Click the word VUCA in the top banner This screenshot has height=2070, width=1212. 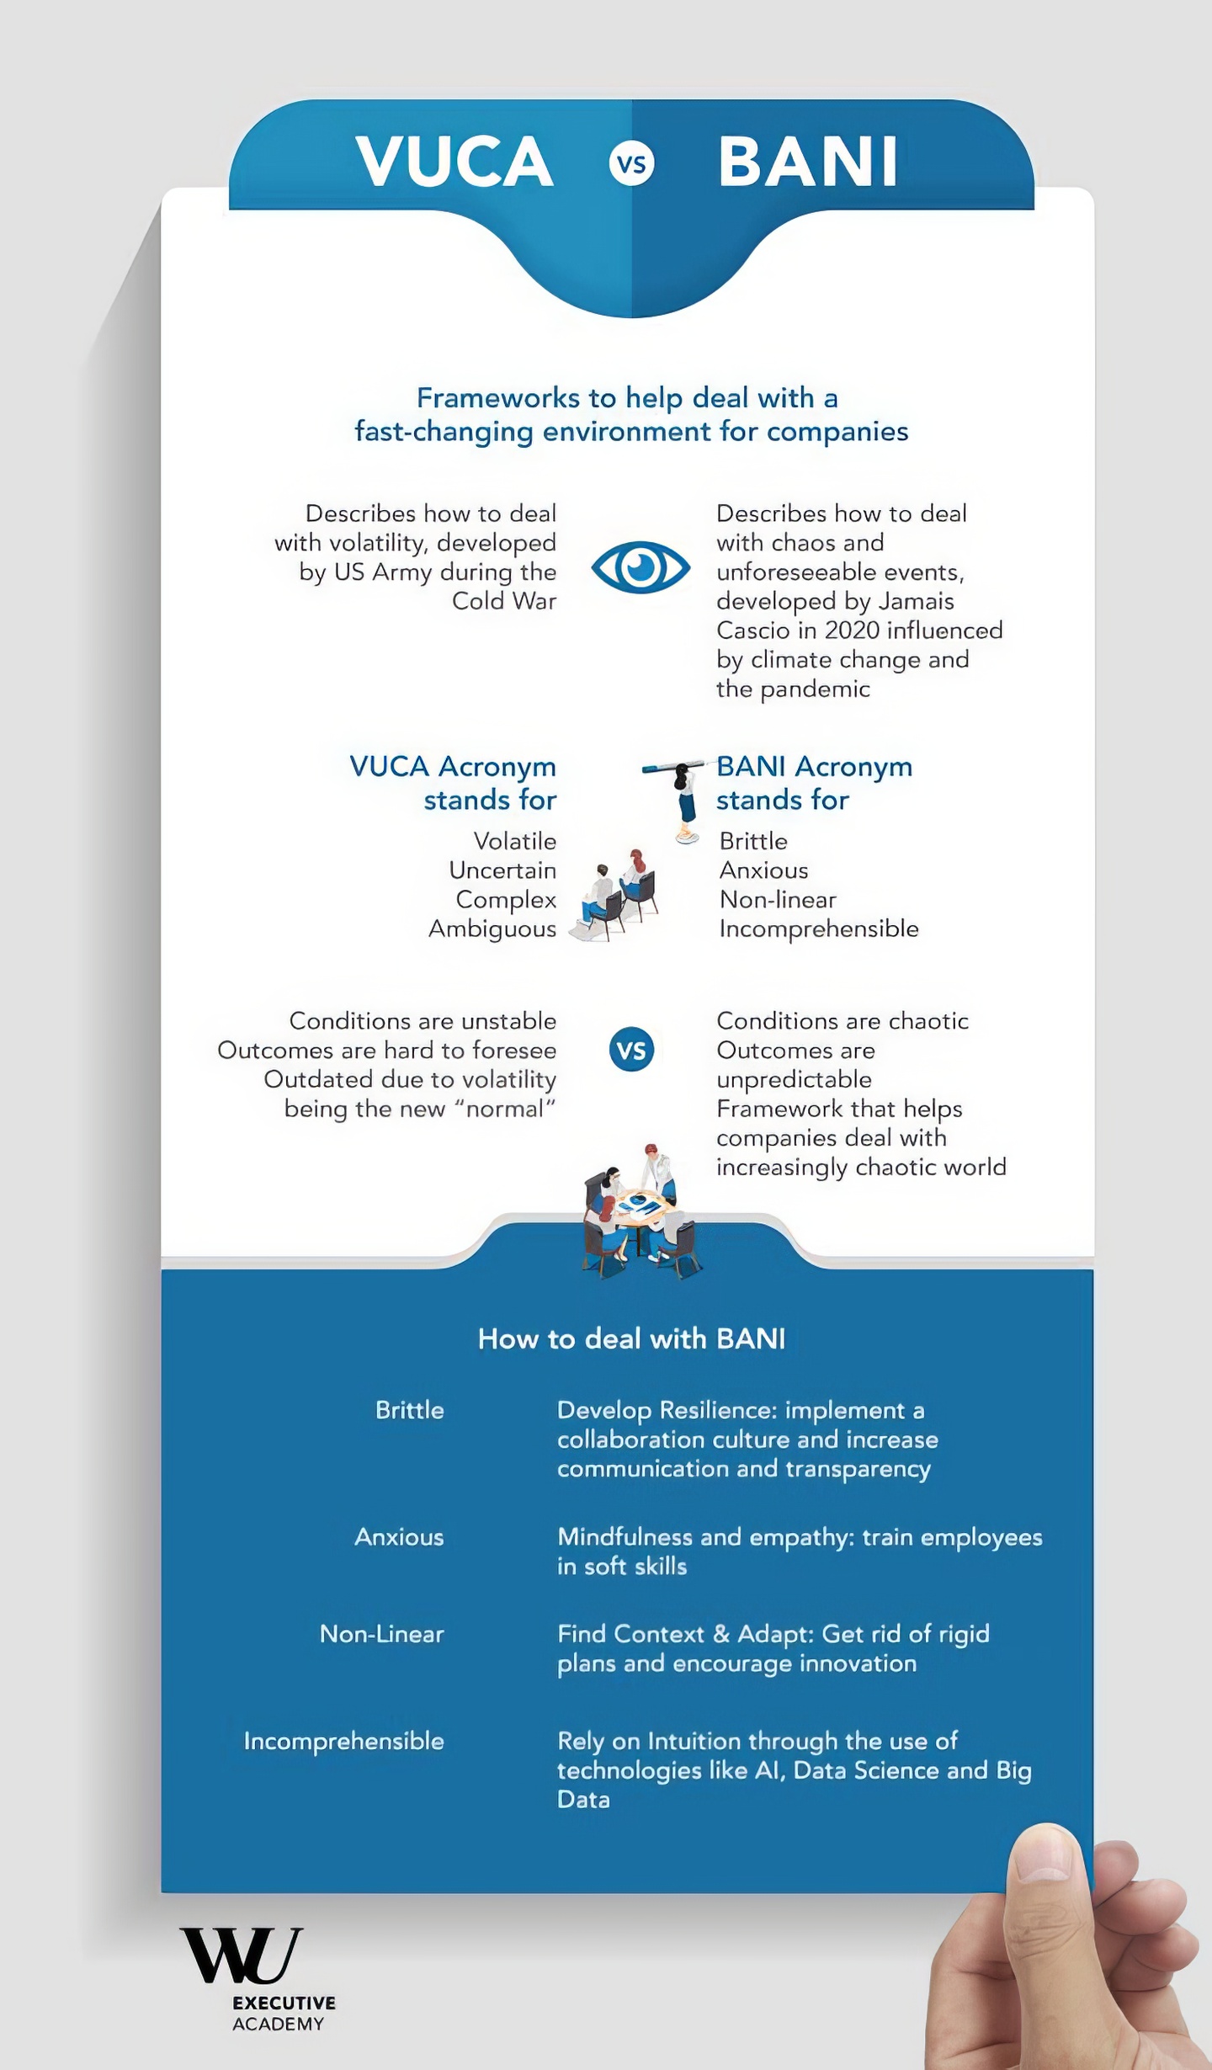pos(454,162)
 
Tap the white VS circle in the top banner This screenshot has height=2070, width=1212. pos(631,163)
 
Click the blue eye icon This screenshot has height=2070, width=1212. pos(641,567)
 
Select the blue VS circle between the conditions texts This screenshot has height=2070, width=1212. pos(631,1050)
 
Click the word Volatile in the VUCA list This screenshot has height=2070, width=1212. pos(514,841)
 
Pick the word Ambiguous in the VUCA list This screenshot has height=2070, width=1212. pos(492,929)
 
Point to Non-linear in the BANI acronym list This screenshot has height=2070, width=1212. pos(778,900)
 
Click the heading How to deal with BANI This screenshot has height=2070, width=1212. pos(631,1338)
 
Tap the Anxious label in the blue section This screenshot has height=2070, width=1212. pos(399,1537)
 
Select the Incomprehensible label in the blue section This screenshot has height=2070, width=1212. pos(343,1741)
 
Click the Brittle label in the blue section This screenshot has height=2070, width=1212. pos(409,1410)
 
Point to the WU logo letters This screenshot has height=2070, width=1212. pos(241,1956)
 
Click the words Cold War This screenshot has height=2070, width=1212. pos(504,601)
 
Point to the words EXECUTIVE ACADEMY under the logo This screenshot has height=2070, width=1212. pos(284,2013)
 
